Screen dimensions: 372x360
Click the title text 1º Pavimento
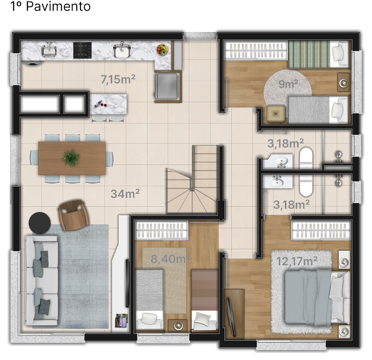pos(50,6)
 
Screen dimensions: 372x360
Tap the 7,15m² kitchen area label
pos(118,79)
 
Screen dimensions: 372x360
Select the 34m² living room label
pos(125,194)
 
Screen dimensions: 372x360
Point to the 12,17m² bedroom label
pos(297,261)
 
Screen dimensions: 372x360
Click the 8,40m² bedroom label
pos(170,258)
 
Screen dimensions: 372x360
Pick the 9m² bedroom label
pos(288,84)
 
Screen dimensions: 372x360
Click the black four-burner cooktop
pos(82,50)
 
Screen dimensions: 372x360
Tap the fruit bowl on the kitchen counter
pos(162,49)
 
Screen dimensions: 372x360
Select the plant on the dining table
pos(71,157)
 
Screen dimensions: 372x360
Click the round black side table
pos(40,223)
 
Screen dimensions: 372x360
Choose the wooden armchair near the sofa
pos(73,215)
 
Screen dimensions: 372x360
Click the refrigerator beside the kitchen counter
pos(168,86)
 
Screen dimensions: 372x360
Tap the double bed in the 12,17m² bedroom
pos(317,297)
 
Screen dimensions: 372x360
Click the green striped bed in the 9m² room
pos(319,54)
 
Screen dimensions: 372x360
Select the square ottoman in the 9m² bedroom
pos(275,114)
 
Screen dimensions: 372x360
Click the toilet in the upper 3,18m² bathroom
pos(306,158)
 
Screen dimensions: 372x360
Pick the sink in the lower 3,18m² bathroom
pos(277,182)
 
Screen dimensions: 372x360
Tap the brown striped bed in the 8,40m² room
pos(205,300)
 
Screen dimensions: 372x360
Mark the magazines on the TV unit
pos(121,320)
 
